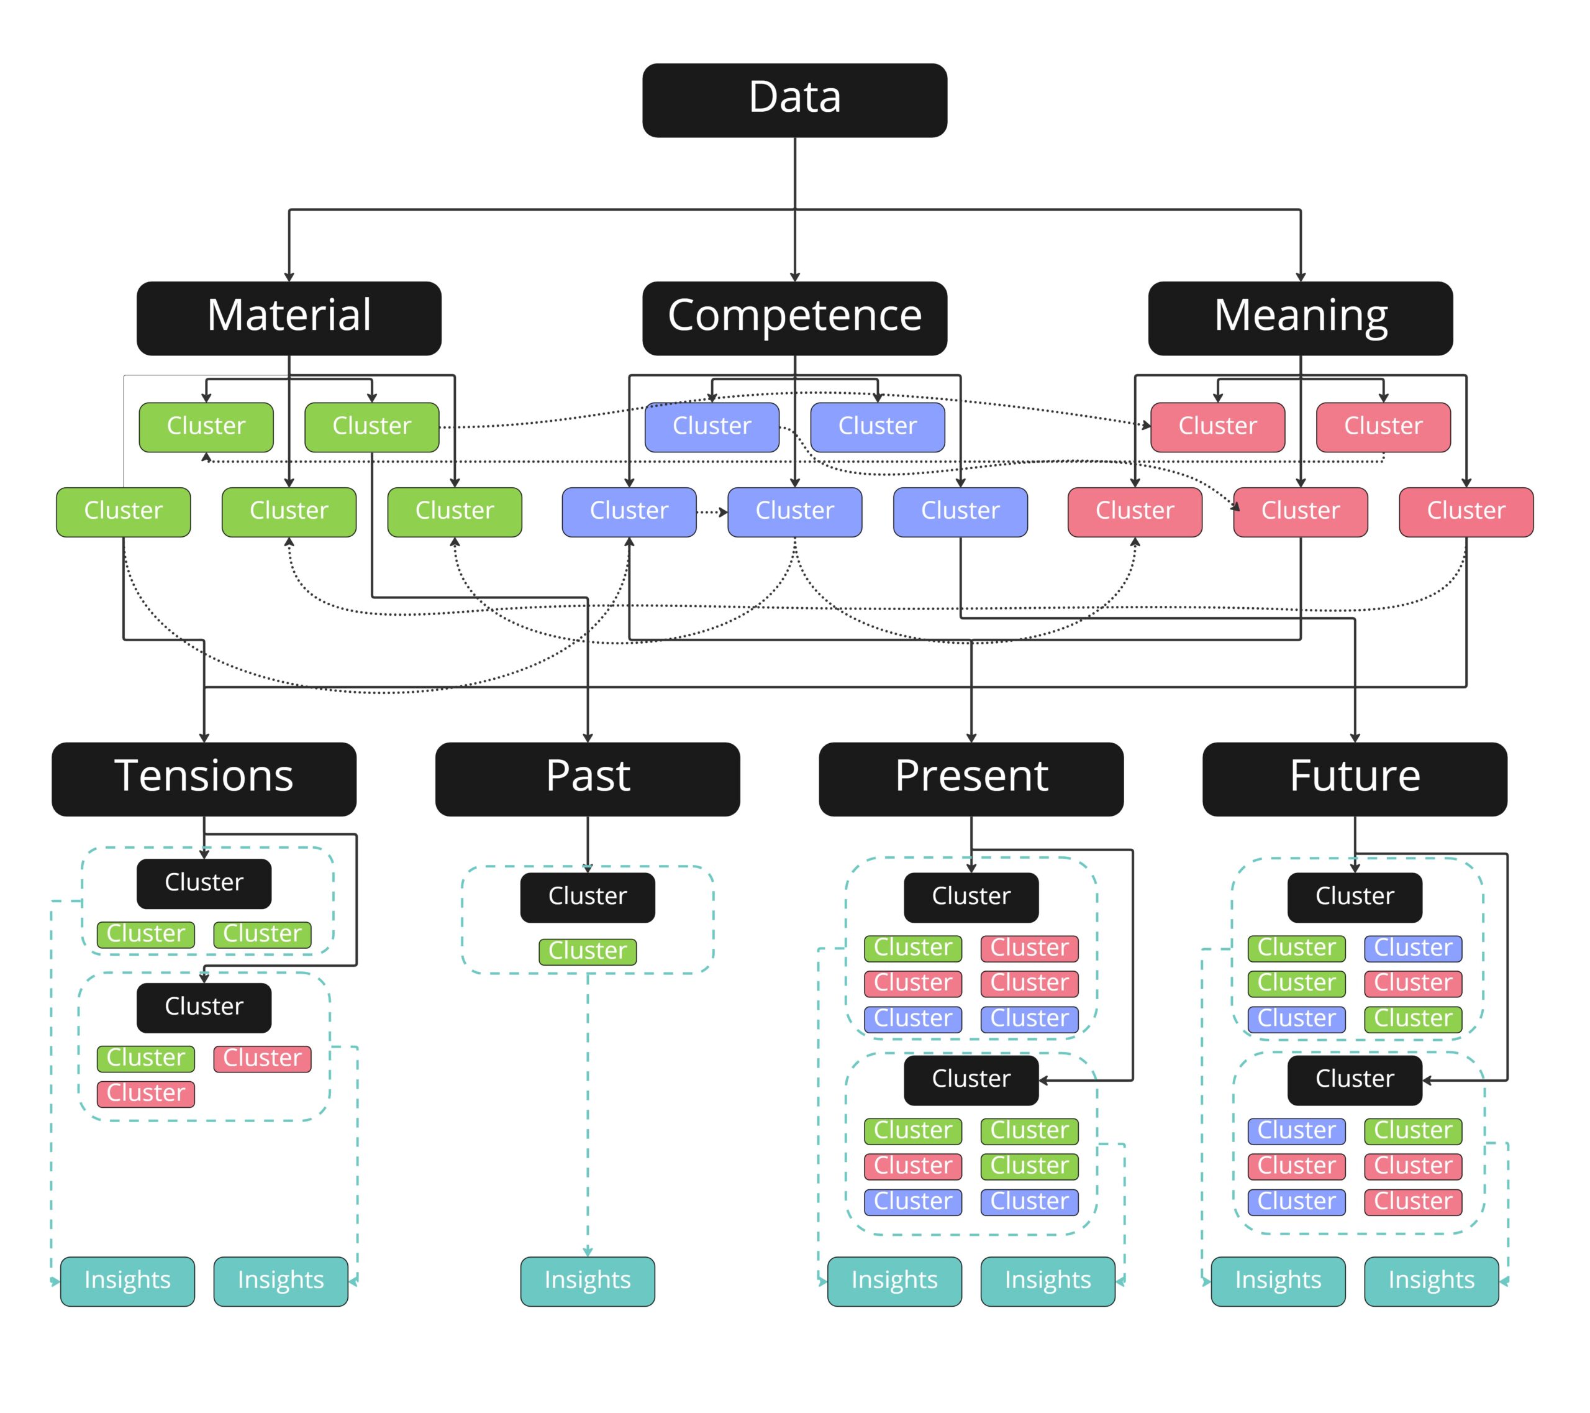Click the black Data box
(794, 101)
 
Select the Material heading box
(289, 318)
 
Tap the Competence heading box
(794, 318)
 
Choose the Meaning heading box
(1300, 318)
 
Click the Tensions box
(204, 779)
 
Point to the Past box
(588, 779)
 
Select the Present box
(971, 779)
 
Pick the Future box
(1355, 779)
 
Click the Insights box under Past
(588, 1281)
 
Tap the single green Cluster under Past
(588, 951)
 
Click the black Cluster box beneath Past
(588, 897)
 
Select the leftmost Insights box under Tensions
(127, 1281)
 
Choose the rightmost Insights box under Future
(1430, 1281)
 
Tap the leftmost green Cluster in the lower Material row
(123, 512)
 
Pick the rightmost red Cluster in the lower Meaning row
(1466, 512)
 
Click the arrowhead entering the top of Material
(289, 277)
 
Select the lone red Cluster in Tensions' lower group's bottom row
(145, 1093)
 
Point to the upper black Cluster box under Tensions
(204, 883)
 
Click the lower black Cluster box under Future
(1355, 1079)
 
